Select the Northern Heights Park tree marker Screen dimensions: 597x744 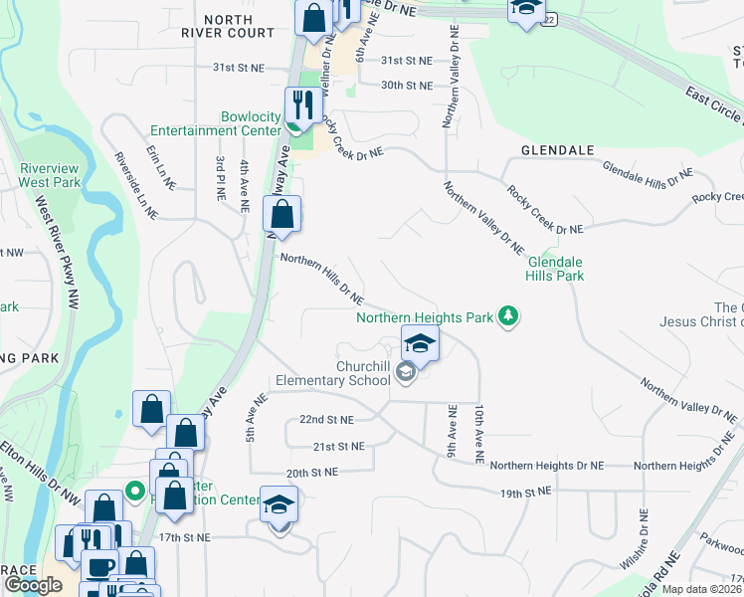[x=509, y=317]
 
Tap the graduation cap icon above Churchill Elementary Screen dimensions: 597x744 [x=420, y=344]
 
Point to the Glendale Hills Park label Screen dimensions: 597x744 [x=555, y=269]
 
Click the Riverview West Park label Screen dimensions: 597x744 [x=49, y=175]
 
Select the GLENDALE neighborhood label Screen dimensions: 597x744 [x=557, y=150]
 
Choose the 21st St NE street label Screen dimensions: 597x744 [x=338, y=447]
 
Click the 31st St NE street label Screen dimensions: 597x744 [x=408, y=61]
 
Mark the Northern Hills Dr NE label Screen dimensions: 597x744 [x=322, y=278]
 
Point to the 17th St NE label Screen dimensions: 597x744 [x=185, y=537]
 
